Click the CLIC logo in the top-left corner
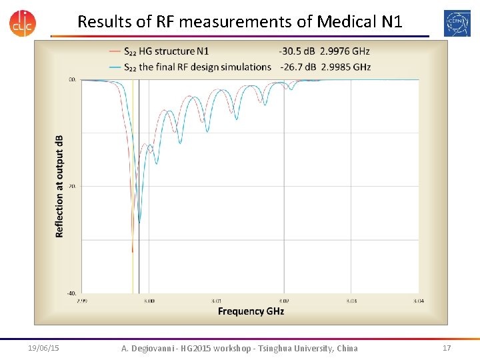[23, 22]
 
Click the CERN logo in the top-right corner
[457, 23]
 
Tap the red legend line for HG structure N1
[114, 51]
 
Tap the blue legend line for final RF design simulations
[114, 67]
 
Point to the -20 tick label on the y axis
[73, 186]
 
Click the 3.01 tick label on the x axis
[217, 301]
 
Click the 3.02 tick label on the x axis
[284, 301]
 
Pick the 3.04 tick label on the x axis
[418, 301]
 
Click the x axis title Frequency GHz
[251, 311]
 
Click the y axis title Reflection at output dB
[59, 186]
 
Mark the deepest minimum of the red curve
[133, 251]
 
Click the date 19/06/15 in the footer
[44, 348]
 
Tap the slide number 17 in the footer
[446, 348]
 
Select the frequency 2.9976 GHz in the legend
[345, 51]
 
